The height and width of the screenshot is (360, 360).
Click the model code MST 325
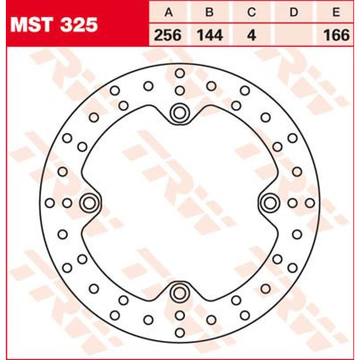pyautogui.click(x=54, y=25)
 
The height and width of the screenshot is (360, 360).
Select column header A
pyautogui.click(x=168, y=12)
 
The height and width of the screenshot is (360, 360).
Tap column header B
pyautogui.click(x=209, y=12)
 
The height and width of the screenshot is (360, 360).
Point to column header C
pyautogui.click(x=252, y=12)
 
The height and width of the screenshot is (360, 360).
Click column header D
pyautogui.click(x=294, y=12)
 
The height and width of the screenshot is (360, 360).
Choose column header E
pyautogui.click(x=336, y=12)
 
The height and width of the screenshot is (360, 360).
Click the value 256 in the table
pyautogui.click(x=168, y=35)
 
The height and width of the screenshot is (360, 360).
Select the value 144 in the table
pyautogui.click(x=210, y=35)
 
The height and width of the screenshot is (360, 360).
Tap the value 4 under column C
pyautogui.click(x=252, y=35)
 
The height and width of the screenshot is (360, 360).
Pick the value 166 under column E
pyautogui.click(x=336, y=35)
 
